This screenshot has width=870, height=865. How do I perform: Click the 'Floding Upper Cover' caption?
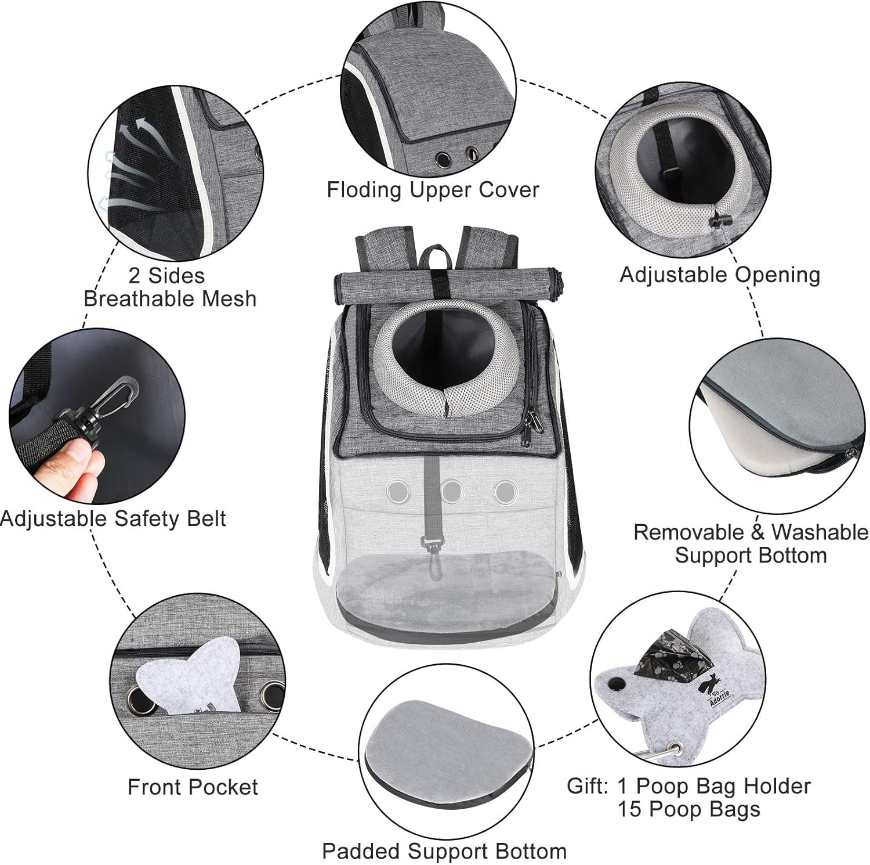[433, 190]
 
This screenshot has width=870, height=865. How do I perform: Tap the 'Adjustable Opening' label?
[720, 274]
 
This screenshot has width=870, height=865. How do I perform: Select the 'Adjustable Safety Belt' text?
[113, 518]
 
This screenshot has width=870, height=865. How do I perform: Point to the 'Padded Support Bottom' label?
[444, 850]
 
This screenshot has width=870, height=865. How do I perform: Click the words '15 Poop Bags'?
[688, 809]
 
